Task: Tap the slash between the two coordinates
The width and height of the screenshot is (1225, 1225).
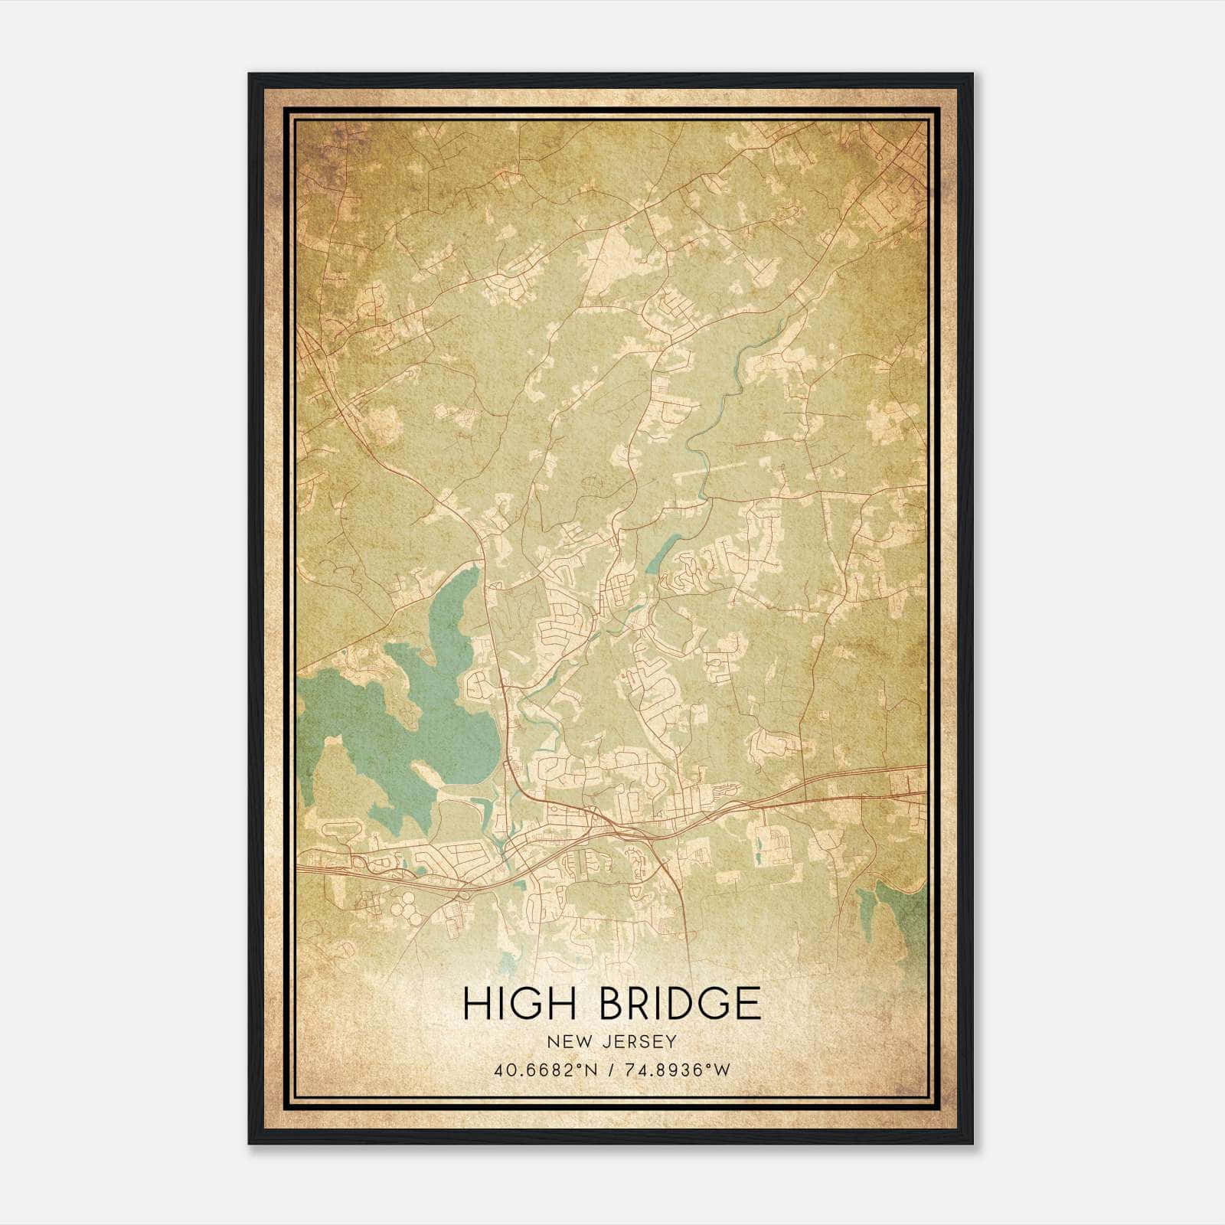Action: point(609,1070)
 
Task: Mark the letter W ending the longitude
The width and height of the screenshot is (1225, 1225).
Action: point(721,1070)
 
